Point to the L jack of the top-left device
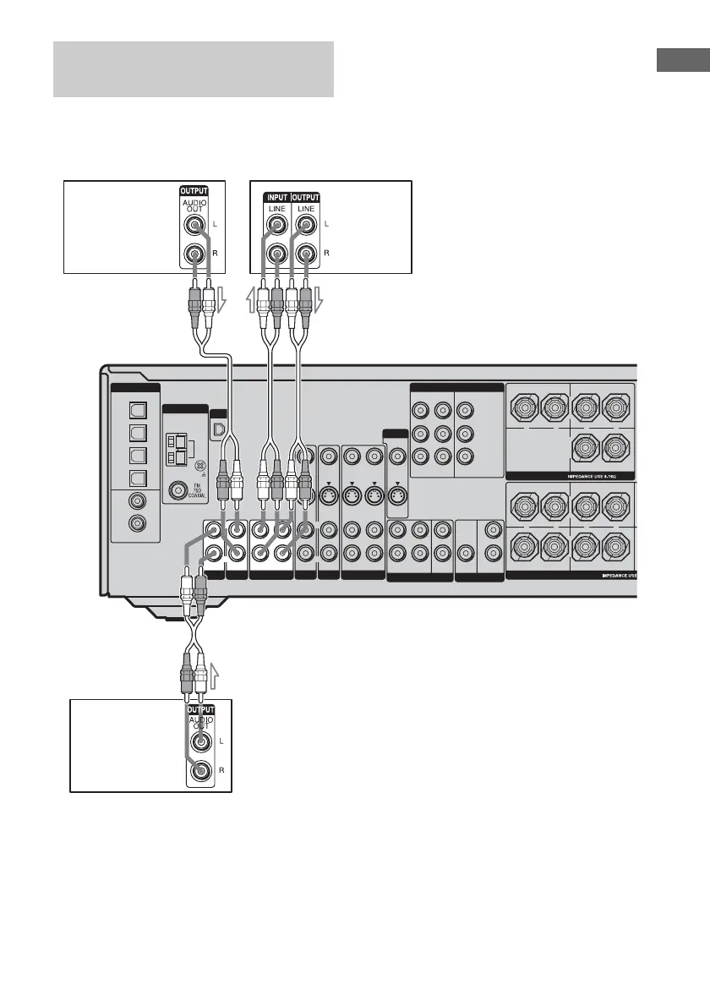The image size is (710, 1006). [197, 225]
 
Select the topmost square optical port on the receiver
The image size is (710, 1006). [135, 408]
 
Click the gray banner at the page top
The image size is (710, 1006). [194, 68]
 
